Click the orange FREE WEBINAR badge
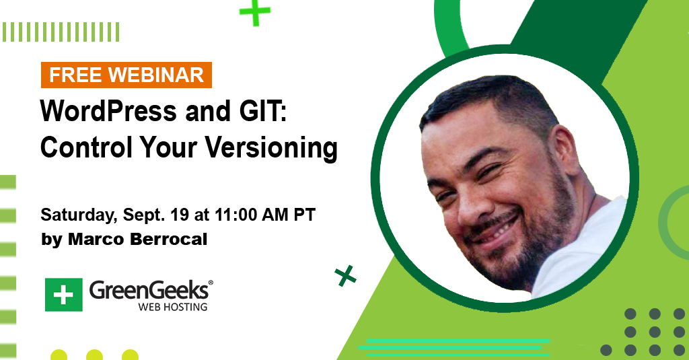126,75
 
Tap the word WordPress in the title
108,111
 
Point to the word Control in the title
86,147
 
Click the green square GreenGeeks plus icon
64,295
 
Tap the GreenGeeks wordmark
149,291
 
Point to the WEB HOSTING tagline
173,307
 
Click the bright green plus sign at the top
255,12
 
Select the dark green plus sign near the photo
345,276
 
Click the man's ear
566,151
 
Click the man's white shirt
580,250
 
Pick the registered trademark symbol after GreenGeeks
211,283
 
